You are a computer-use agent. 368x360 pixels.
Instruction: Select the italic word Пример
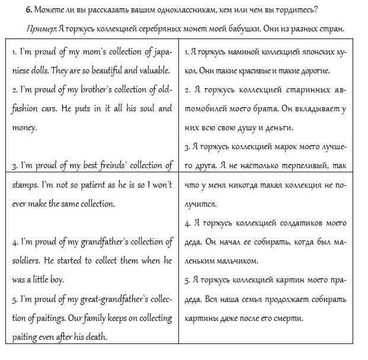coord(40,28)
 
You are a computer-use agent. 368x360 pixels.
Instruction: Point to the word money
coord(24,127)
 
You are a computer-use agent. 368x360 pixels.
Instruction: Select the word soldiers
coord(27,261)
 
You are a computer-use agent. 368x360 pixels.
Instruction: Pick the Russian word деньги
coord(281,127)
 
